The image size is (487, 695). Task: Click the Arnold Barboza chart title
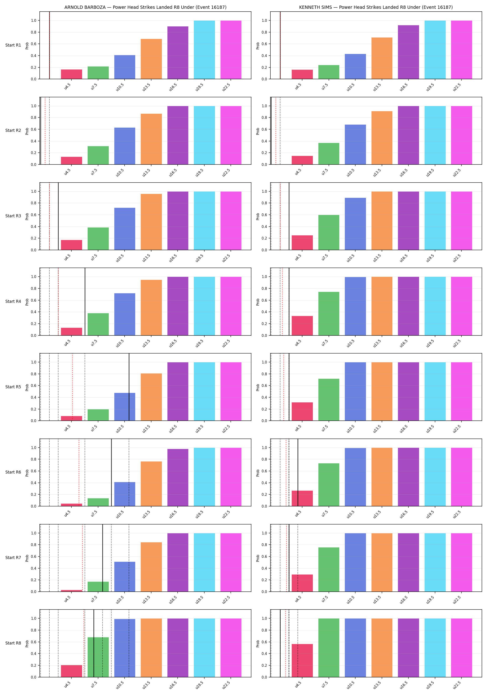[145, 7]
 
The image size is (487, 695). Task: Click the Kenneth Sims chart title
[376, 7]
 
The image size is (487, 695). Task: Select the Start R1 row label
[13, 45]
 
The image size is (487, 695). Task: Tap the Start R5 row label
[13, 387]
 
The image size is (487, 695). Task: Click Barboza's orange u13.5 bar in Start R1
[151, 59]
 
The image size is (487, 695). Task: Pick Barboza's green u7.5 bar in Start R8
[98, 657]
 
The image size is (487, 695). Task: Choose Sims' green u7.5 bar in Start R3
[329, 232]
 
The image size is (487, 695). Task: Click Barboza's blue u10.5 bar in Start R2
[125, 146]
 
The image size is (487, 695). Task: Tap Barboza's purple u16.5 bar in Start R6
[178, 477]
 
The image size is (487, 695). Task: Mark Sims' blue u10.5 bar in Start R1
[355, 66]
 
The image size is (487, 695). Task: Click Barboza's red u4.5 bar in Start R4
[71, 332]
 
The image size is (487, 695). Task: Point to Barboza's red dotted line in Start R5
[72, 387]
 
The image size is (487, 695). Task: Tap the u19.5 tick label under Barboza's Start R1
[199, 87]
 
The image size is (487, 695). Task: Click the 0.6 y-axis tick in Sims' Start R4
[264, 300]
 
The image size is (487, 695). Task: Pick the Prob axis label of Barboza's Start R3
[27, 216]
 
